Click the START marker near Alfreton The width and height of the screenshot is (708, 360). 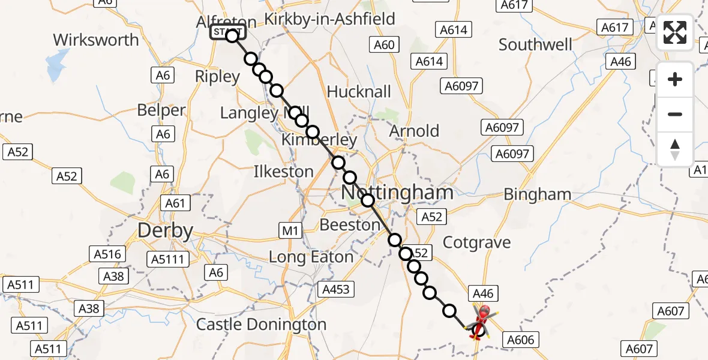coord(227,32)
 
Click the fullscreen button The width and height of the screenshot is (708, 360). coord(675,32)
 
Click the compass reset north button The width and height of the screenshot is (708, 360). coord(675,149)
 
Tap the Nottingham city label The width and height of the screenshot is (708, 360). coord(397,193)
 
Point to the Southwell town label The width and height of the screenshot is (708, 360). coord(536,45)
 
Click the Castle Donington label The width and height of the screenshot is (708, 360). coord(262,325)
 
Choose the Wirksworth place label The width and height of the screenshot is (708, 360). coord(96,40)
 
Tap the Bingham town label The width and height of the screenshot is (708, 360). coord(538,194)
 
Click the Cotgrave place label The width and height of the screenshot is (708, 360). coord(476,242)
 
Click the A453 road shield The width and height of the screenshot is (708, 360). coord(336,290)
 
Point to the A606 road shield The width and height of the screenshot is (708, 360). coord(520,339)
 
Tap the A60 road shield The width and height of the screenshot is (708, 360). coord(384,44)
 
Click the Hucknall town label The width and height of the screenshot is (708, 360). coord(359,92)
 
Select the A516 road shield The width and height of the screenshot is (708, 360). coord(107,254)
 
